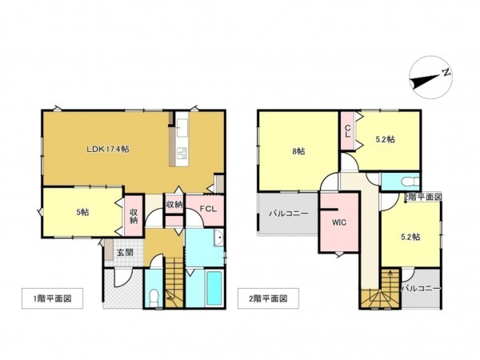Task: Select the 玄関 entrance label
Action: pyautogui.click(x=125, y=252)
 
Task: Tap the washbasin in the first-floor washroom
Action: pyautogui.click(x=217, y=238)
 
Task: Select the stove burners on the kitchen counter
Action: pyautogui.click(x=181, y=153)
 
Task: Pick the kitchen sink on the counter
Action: pyautogui.click(x=181, y=128)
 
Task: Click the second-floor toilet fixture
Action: pyautogui.click(x=407, y=180)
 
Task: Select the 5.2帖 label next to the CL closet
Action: pyautogui.click(x=386, y=138)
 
